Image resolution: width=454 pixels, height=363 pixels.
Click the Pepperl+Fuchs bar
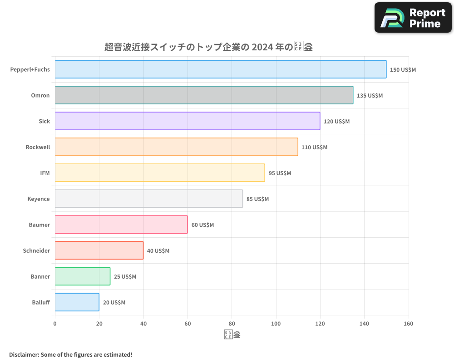[x=221, y=69]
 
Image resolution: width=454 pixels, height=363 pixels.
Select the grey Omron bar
[x=204, y=95]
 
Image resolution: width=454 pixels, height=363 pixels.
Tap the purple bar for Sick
[x=188, y=121]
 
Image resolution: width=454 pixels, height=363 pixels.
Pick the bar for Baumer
[x=121, y=225]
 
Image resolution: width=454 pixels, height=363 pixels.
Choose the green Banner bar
[x=83, y=276]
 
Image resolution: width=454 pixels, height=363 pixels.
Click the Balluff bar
[x=77, y=302]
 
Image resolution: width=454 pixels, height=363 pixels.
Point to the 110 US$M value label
[x=314, y=147]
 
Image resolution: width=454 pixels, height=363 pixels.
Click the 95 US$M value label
[x=280, y=173]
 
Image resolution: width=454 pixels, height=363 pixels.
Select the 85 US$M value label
[x=257, y=199]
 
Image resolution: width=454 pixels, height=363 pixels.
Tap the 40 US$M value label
[x=158, y=250]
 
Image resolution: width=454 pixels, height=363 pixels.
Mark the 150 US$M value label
[x=403, y=69]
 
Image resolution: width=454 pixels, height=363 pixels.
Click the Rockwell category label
[x=38, y=147]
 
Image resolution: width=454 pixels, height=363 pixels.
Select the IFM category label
[x=45, y=173]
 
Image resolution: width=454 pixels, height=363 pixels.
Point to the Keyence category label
[x=39, y=199]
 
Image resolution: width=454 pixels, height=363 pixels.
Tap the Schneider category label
[x=36, y=250]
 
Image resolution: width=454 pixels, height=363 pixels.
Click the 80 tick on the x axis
[x=232, y=324]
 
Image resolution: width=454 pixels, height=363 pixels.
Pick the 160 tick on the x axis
[x=408, y=324]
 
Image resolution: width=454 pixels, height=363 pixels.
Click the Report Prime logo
[x=413, y=18]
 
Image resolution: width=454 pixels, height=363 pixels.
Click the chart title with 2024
[x=208, y=47]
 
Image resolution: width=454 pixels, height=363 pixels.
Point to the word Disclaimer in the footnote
[x=24, y=354]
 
